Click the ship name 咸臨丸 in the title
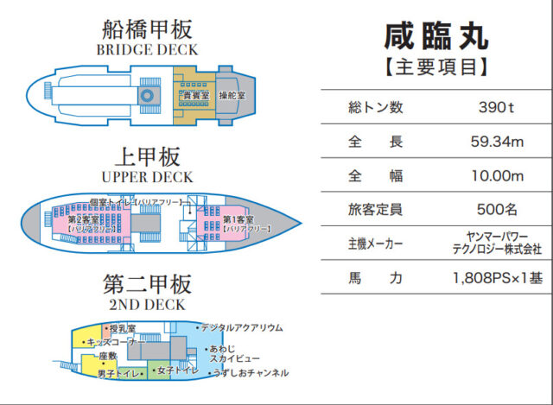point(435,35)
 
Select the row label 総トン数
point(374,108)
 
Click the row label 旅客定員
point(374,210)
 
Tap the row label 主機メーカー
point(374,244)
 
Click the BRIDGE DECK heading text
point(147,49)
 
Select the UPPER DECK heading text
point(147,177)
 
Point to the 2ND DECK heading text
point(147,305)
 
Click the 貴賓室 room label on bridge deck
point(193,93)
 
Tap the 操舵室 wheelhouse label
point(232,93)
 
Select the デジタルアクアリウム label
point(241,328)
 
